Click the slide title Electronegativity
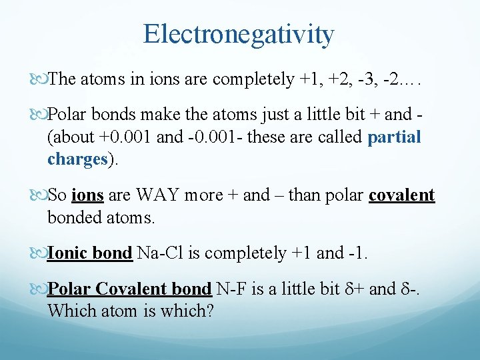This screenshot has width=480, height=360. tap(239, 34)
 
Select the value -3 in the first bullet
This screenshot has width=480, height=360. tap(373, 80)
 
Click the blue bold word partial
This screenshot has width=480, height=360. tap(395, 137)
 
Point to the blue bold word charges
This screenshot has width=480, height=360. tap(77, 159)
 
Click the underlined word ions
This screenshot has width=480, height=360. tap(87, 195)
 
